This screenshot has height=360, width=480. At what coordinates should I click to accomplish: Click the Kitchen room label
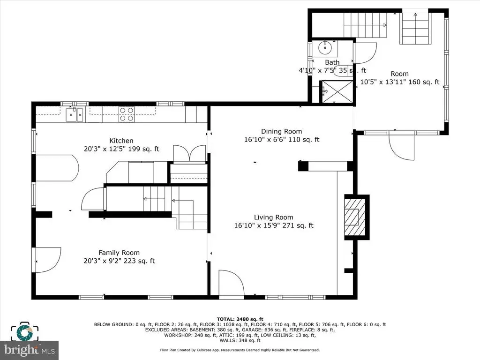[x=121, y=141]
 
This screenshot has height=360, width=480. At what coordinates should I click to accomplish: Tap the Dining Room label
[x=281, y=131]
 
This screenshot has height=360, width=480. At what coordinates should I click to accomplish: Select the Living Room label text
[x=274, y=217]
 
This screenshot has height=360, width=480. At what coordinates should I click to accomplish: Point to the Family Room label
[x=119, y=253]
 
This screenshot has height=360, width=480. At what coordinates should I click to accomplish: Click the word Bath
[x=332, y=62]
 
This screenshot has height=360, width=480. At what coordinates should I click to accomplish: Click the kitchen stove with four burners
[x=127, y=114]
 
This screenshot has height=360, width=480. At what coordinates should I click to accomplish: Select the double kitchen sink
[x=75, y=114]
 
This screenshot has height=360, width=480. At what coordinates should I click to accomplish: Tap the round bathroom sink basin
[x=325, y=48]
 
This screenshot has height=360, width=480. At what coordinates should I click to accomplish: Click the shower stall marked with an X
[x=336, y=91]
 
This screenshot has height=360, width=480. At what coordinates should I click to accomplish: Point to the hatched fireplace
[x=355, y=217]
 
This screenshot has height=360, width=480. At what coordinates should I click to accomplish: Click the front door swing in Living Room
[x=232, y=282]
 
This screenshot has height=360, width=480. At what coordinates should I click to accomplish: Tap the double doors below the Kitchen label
[x=189, y=153]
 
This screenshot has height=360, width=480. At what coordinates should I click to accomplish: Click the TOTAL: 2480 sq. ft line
[x=240, y=319]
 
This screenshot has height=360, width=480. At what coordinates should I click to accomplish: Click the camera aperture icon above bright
[x=24, y=331]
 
